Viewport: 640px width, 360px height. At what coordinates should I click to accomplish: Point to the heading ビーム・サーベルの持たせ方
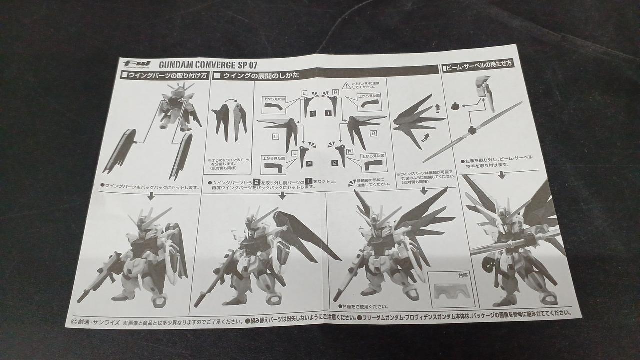[478, 64]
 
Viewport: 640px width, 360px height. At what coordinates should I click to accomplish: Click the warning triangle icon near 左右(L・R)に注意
[346, 85]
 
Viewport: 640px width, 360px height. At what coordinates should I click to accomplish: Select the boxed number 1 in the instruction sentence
[309, 181]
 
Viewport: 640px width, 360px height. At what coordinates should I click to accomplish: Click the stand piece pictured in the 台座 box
[451, 290]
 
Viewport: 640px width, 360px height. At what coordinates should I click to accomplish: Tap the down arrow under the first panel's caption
[151, 196]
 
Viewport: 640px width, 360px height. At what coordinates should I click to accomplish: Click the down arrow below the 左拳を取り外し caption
[502, 175]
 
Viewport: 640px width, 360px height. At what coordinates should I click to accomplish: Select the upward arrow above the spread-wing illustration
[438, 106]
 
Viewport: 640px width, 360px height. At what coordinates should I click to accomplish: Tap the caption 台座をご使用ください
[363, 306]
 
